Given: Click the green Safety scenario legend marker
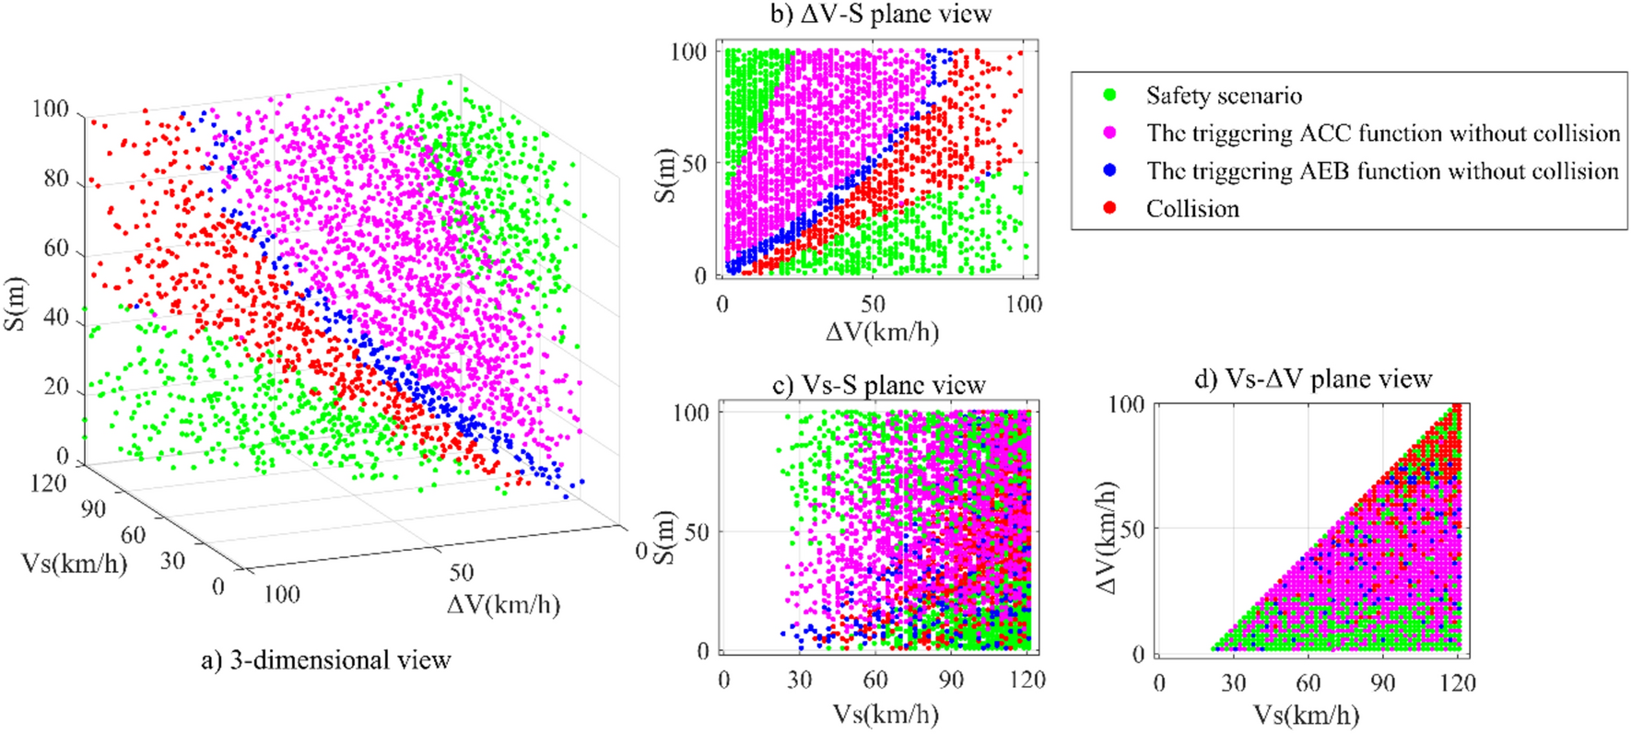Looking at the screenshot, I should tap(1109, 95).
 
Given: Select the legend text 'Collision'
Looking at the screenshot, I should tap(1192, 209).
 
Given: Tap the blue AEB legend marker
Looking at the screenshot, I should tap(1109, 170).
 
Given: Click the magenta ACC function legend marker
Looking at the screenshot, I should tap(1109, 133).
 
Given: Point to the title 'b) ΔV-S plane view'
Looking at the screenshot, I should tap(881, 14).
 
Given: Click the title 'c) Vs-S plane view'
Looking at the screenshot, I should tap(879, 385).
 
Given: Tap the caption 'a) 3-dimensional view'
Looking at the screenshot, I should tap(326, 660).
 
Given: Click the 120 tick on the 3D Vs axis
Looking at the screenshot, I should tap(48, 483).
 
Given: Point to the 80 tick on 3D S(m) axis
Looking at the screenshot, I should tap(56, 179).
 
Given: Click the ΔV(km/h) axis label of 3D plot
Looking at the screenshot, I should tap(503, 605).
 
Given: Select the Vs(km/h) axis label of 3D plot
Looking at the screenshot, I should tap(74, 563).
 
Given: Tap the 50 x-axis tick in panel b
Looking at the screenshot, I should tap(873, 305).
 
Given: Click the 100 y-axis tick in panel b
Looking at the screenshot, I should tap(688, 52).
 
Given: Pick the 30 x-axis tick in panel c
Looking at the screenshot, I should tap(799, 681).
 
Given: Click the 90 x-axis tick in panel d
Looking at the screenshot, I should tap(1382, 683).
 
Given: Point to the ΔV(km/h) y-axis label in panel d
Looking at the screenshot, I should tap(1109, 537).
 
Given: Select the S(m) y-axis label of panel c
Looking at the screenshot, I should tap(665, 537).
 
